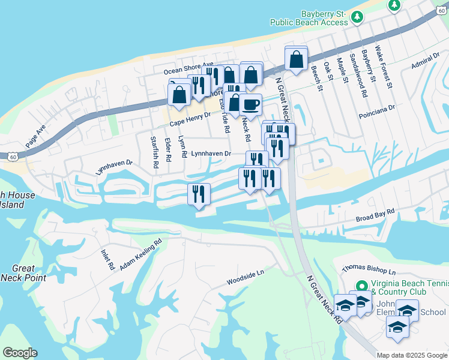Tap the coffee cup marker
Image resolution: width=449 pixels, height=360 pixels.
tap(250, 104)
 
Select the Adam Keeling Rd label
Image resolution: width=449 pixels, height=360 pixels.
tap(141, 255)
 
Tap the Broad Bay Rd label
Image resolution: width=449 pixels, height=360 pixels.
tap(375, 215)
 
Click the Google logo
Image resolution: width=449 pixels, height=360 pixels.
tap(20, 353)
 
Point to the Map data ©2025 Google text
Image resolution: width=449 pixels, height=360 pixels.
tap(412, 355)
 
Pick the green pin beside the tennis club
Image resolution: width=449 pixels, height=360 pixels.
tap(361, 286)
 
